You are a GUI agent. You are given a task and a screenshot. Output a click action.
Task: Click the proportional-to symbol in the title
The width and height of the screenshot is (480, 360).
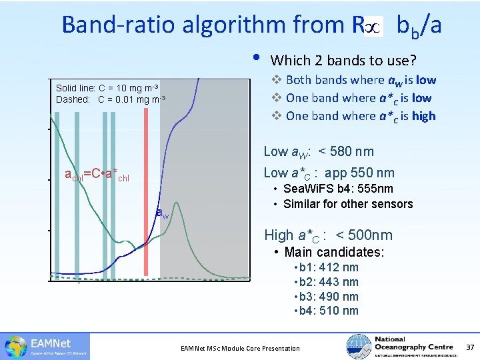pos(374,26)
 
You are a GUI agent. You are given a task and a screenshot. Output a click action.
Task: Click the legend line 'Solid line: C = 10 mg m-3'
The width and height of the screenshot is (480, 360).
pos(107,88)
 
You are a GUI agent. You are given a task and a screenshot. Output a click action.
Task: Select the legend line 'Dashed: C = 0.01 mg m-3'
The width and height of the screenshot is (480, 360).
pos(111,99)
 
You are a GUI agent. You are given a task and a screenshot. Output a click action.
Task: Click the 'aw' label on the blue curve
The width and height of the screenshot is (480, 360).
pos(161,213)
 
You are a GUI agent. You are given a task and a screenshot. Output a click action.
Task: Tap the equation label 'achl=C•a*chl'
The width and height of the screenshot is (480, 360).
pos(96,176)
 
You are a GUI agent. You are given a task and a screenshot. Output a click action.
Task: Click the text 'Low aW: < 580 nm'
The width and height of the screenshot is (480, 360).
pos(319,152)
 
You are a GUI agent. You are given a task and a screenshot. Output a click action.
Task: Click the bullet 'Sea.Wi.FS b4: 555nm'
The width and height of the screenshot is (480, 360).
pos(338,189)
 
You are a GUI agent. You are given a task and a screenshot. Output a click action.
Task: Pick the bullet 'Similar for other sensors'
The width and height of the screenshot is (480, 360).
pos(347,204)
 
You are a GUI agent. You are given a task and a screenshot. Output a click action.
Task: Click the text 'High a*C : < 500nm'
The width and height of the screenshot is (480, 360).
pos(328,235)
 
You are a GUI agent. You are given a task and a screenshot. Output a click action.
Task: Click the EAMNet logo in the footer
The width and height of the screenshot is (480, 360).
pos(46,345)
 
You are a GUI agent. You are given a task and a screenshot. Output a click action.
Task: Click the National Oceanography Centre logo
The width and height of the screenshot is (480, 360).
pos(400,345)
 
